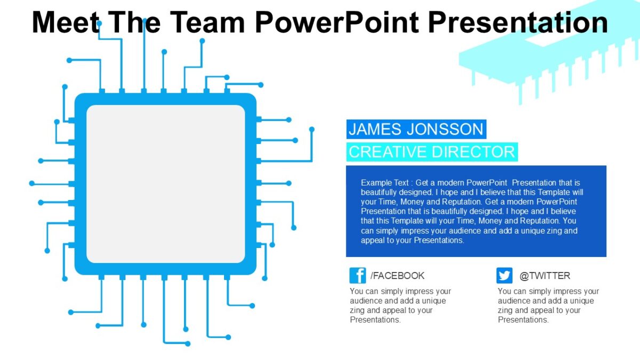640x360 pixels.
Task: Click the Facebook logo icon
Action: (x=357, y=275)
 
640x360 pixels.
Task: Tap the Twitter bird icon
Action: (x=504, y=275)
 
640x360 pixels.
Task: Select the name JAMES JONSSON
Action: (x=415, y=129)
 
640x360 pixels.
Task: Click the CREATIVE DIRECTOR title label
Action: (x=431, y=152)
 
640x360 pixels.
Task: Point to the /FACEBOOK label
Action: (x=398, y=276)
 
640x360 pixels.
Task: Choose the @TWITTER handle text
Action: (x=545, y=276)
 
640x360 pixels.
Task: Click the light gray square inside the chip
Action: (x=165, y=184)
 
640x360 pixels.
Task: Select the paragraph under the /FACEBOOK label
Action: (x=400, y=306)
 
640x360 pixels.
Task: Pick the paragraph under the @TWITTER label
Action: (x=548, y=306)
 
